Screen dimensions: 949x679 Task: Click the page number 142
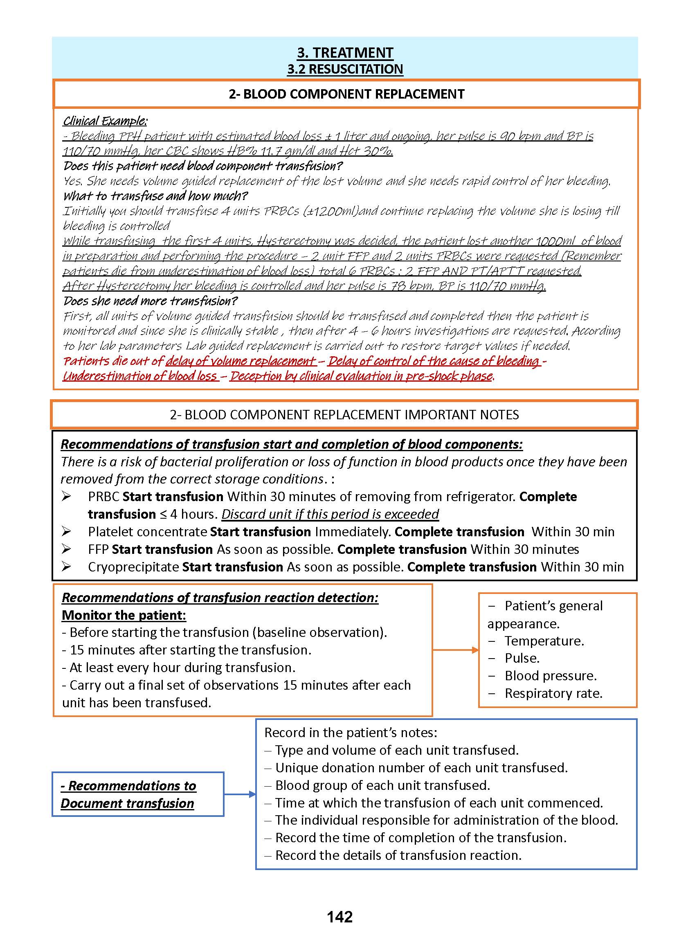point(339,917)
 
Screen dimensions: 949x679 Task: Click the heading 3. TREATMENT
point(345,53)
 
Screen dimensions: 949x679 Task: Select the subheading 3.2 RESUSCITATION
point(345,69)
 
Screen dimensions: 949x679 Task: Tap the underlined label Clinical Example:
point(105,121)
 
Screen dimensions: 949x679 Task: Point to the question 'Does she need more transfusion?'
point(151,301)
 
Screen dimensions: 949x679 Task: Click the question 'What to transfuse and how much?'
point(155,196)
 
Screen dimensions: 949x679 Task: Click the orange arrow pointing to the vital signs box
point(456,650)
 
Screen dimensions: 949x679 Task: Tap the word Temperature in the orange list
point(544,641)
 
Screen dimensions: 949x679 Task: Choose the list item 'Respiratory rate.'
point(553,693)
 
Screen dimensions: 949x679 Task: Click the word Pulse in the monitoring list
point(522,658)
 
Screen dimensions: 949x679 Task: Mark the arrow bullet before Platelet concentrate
point(66,531)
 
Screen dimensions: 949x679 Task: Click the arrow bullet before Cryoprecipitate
point(66,567)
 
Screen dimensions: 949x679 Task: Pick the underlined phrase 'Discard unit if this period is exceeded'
point(330,514)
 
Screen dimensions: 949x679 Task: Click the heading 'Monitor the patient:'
point(124,615)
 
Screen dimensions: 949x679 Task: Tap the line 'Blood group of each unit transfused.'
point(382,785)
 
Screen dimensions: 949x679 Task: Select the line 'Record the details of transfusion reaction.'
point(398,855)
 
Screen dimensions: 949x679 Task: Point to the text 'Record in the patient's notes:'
point(351,733)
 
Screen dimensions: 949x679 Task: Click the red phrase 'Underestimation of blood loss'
point(140,376)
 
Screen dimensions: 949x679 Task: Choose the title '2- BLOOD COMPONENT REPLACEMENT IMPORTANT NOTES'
point(344,415)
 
